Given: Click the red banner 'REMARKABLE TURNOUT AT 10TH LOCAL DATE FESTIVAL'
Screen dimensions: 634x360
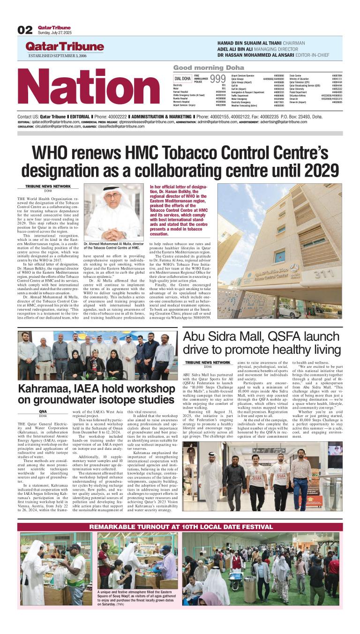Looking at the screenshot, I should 181,527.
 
